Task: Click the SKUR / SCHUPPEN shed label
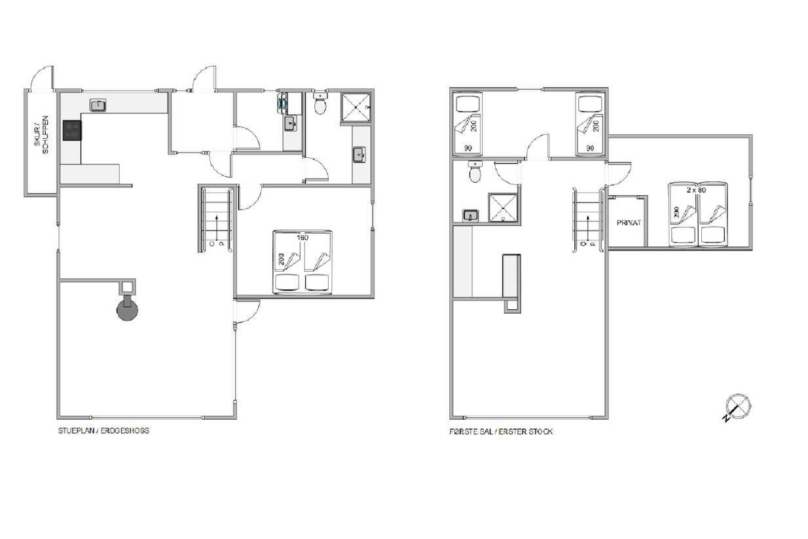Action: tap(41, 134)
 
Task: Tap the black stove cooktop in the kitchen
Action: tap(72, 130)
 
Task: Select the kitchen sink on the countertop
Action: tap(98, 105)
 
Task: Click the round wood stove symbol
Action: tap(127, 309)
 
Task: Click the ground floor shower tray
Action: tap(356, 107)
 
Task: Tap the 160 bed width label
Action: tap(303, 237)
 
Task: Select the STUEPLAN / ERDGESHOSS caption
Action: tap(103, 430)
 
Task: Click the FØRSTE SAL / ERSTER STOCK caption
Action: tap(501, 432)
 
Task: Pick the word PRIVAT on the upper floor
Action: tap(629, 223)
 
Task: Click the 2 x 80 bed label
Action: tap(696, 190)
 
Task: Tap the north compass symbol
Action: tap(737, 407)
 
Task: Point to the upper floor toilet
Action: tap(475, 172)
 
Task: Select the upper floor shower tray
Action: tap(503, 208)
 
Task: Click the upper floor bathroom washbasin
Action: tap(470, 215)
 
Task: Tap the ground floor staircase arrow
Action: tap(217, 228)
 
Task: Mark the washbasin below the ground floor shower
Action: tap(359, 155)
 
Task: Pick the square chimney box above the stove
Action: tap(127, 287)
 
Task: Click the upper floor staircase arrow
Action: tap(589, 229)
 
